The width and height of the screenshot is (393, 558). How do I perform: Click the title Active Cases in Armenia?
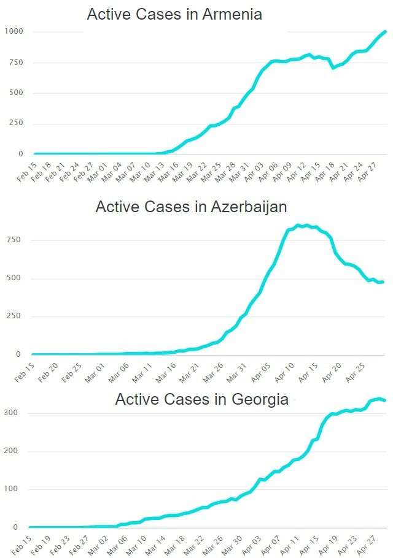click(x=174, y=15)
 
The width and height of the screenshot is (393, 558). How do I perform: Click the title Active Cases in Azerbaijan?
click(x=191, y=207)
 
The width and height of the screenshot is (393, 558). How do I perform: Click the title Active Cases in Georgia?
click(x=202, y=400)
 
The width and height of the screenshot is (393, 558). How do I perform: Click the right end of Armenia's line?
click(x=385, y=31)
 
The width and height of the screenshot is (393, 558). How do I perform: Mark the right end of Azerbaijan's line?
click(x=382, y=282)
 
